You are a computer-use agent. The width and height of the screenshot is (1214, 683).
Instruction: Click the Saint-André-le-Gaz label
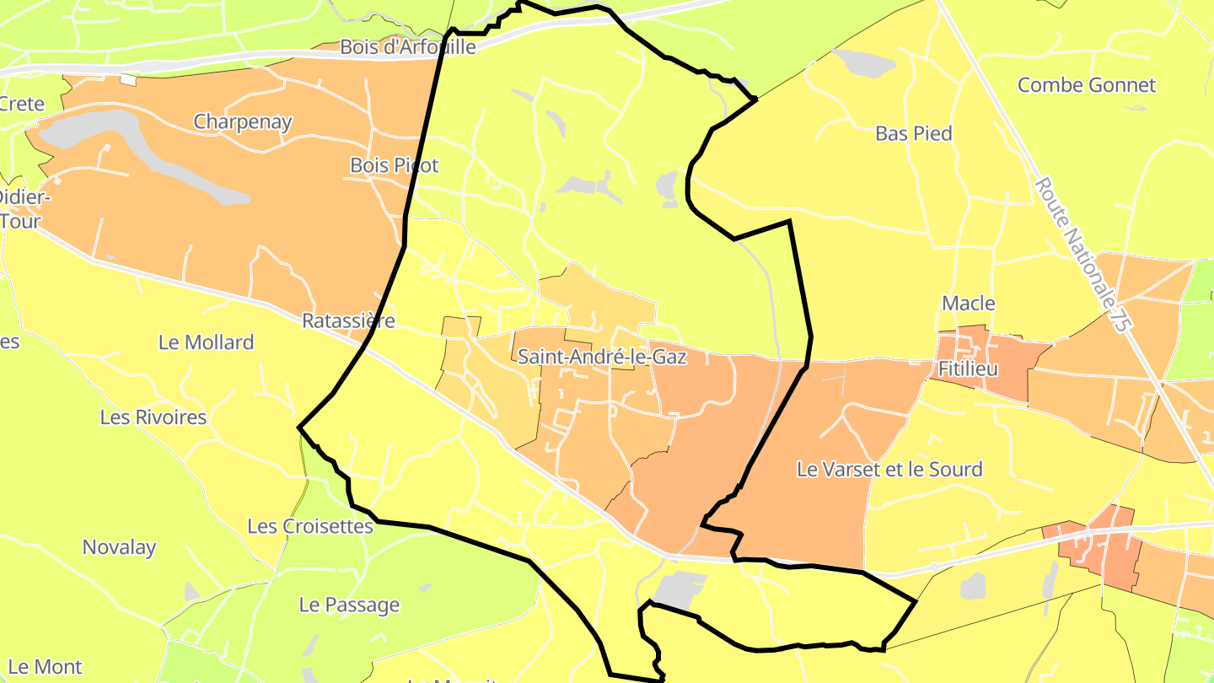pos(602,357)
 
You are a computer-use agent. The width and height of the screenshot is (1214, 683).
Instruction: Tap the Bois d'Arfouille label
pos(408,47)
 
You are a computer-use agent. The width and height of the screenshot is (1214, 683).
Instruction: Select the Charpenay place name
pos(243,121)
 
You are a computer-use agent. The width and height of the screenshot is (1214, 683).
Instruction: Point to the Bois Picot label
pos(395,165)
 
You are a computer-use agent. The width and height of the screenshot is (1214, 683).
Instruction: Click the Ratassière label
pos(348,321)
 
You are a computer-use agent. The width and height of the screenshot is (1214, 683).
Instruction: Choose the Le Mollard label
pos(206,342)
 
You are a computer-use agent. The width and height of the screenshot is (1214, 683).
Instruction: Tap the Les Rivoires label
pos(153,417)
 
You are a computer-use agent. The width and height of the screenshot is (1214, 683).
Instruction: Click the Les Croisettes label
pos(310,526)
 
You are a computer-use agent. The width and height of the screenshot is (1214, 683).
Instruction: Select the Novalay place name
pos(119,547)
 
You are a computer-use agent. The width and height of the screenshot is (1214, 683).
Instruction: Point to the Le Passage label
pos(349,605)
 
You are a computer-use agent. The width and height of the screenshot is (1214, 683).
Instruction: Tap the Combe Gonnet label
pos(1087,85)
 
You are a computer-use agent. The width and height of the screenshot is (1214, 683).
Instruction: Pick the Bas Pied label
pos(914,133)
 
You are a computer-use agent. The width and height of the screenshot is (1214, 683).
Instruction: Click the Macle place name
pos(969,304)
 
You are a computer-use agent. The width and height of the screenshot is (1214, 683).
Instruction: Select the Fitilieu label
pos(968,369)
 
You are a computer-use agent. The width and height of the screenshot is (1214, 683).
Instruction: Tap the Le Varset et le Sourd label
pos(889,470)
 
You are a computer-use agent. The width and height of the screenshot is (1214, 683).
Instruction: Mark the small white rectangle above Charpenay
pos(128,80)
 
